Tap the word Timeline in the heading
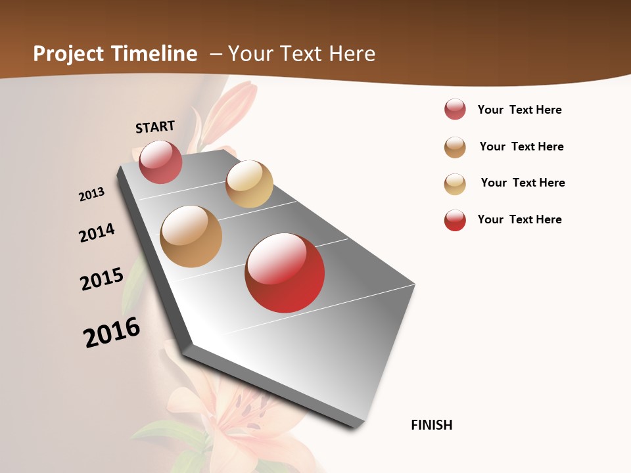pyautogui.click(x=156, y=54)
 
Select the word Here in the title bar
pyautogui.click(x=352, y=54)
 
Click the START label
pyautogui.click(x=155, y=127)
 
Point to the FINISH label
pyautogui.click(x=432, y=425)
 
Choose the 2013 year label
pyautogui.click(x=92, y=194)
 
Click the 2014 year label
pyautogui.click(x=97, y=233)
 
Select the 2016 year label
pyautogui.click(x=112, y=332)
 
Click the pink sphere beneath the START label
pyautogui.click(x=160, y=162)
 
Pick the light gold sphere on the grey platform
pyautogui.click(x=249, y=184)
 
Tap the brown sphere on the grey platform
pyautogui.click(x=191, y=236)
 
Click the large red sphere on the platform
pyautogui.click(x=285, y=273)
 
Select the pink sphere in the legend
pyautogui.click(x=455, y=109)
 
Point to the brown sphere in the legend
pyautogui.click(x=455, y=147)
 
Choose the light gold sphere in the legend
pyautogui.click(x=455, y=184)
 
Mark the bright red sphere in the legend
pyautogui.click(x=455, y=220)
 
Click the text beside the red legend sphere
pyautogui.click(x=520, y=219)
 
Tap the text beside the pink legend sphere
pyautogui.click(x=520, y=110)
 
